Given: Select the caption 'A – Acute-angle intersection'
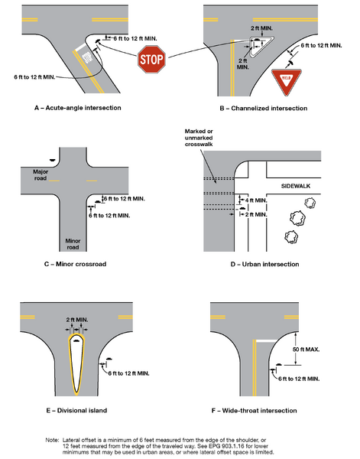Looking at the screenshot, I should coord(78,109).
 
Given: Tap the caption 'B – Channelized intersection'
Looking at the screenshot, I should coord(263,109).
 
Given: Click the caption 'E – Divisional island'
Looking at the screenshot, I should coord(75,412).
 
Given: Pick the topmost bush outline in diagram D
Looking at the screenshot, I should coord(312,203).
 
